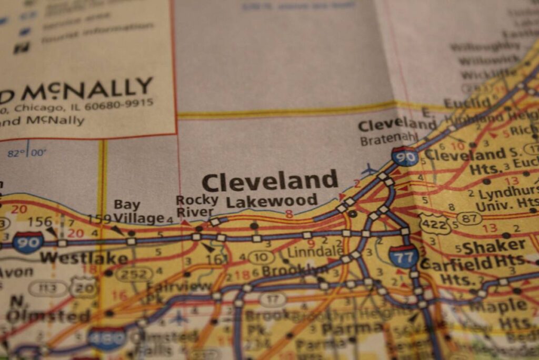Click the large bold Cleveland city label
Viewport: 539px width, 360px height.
pos(269,182)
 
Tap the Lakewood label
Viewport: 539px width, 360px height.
pos(272,201)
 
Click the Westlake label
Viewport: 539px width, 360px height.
pos(84,258)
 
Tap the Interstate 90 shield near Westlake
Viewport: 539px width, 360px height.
pos(28,242)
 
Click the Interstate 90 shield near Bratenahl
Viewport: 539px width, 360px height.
pos(405,157)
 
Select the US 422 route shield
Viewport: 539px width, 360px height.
pos(435,224)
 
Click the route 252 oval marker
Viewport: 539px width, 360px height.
pos(134,274)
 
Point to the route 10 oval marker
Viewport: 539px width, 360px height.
pos(261,258)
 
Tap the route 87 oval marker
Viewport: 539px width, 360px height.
pos(470,218)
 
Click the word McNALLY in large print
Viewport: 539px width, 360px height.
pos(86,89)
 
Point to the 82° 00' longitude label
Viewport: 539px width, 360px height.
pos(27,153)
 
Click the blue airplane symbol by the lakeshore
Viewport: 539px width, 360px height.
pos(370,170)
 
